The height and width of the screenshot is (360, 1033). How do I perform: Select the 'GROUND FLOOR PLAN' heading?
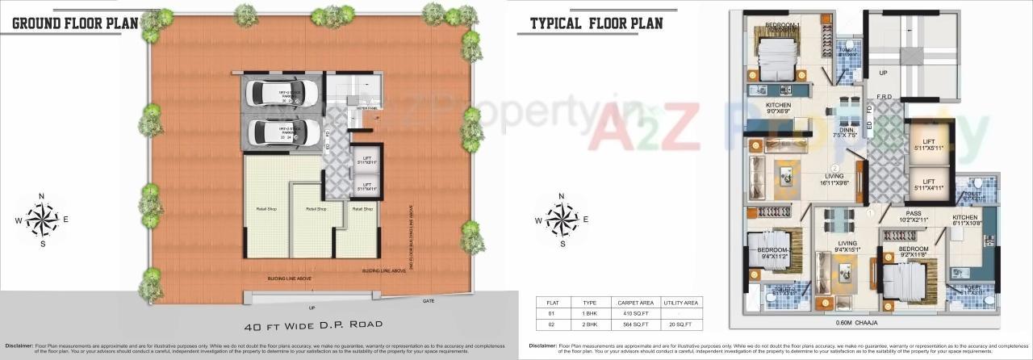pos(76,23)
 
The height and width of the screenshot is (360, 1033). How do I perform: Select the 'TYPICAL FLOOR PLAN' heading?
pos(596,23)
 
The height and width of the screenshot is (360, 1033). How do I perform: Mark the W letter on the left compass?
pos(19,219)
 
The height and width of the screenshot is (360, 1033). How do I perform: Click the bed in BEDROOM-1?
pos(776,57)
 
